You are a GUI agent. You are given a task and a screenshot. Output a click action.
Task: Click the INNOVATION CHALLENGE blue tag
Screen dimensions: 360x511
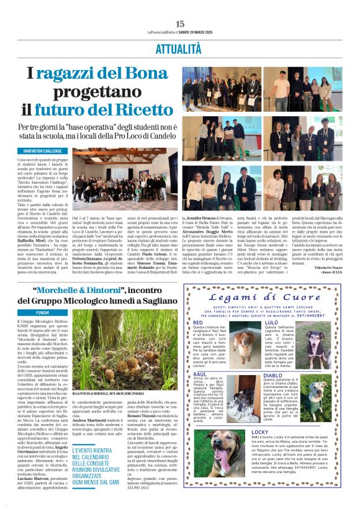(43, 151)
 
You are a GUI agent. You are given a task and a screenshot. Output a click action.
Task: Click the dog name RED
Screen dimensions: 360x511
(198, 323)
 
